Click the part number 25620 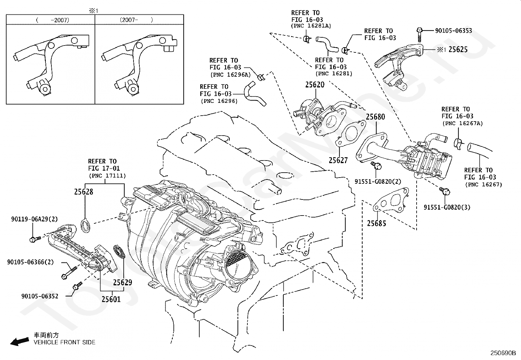point(315,85)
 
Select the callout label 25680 point(375,117)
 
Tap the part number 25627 point(338,160)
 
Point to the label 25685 point(377,223)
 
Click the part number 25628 point(84,192)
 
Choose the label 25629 point(123,282)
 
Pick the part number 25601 point(111,299)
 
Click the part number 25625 point(458,49)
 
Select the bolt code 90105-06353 point(454,30)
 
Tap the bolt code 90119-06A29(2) point(34,219)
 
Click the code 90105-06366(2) point(30,262)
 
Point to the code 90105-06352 point(40,296)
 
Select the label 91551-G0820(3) point(447,207)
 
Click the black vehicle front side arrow point(20,342)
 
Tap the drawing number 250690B point(503,353)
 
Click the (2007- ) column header point(136,20)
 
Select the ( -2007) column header point(53,20)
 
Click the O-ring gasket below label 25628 point(86,225)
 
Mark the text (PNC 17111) point(107,176)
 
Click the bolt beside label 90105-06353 point(419,35)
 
